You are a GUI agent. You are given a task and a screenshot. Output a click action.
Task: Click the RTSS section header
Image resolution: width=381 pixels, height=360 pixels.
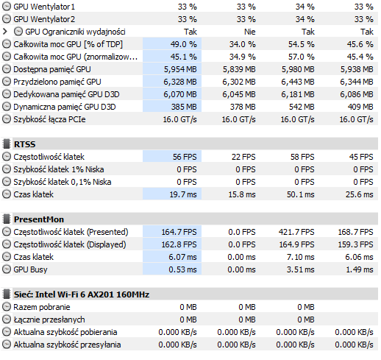pos(24,144)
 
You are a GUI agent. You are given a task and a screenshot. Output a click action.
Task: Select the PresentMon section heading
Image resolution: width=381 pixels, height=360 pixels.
pos(39,219)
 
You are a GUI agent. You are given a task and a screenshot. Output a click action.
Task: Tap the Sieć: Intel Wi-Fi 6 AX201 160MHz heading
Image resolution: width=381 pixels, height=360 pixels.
pos(82,294)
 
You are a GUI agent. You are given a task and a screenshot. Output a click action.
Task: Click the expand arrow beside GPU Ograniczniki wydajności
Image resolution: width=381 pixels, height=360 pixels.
pos(5,32)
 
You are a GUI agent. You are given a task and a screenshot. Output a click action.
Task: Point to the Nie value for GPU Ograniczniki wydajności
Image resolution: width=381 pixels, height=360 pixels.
pos(250,32)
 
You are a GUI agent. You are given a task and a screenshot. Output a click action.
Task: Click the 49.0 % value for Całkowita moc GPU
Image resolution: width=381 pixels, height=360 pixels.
pos(184,44)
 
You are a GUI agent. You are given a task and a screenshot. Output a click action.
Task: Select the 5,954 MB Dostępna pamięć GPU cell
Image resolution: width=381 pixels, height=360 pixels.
pos(180,69)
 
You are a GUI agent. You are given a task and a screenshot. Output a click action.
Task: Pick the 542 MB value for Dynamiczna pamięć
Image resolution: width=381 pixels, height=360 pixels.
pos(302,107)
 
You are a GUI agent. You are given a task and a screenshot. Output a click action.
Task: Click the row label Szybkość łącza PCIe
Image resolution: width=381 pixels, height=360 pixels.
pos(49,119)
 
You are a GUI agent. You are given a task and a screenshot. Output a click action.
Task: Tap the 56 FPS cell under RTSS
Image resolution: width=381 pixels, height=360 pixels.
pos(185,157)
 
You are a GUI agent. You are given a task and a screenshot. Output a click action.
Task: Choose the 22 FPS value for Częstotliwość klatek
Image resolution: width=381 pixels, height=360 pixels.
pos(243,157)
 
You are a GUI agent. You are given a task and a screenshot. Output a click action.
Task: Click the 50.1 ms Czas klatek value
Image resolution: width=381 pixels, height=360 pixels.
pos(301,194)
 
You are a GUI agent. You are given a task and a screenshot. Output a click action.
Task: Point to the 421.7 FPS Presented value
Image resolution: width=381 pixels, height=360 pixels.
pos(296,232)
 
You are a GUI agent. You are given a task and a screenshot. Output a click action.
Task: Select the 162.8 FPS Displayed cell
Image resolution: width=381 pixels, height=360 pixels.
pos(179,244)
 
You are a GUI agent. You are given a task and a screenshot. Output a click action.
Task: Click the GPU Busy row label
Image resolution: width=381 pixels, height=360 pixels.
pos(30,269)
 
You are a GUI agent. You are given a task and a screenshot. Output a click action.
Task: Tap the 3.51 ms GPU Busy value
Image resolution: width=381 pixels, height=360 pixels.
pos(301,269)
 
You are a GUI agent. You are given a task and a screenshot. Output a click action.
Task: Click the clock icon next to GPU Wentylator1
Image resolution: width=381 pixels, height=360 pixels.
pos(7,7)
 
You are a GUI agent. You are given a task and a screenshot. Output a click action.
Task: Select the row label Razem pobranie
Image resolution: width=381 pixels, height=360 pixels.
pos(42,307)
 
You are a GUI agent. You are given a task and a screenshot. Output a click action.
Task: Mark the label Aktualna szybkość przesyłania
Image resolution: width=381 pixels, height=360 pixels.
pos(67,345)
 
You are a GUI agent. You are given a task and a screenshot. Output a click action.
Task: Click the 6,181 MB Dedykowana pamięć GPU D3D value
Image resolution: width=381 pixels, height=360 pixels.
pos(298,94)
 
